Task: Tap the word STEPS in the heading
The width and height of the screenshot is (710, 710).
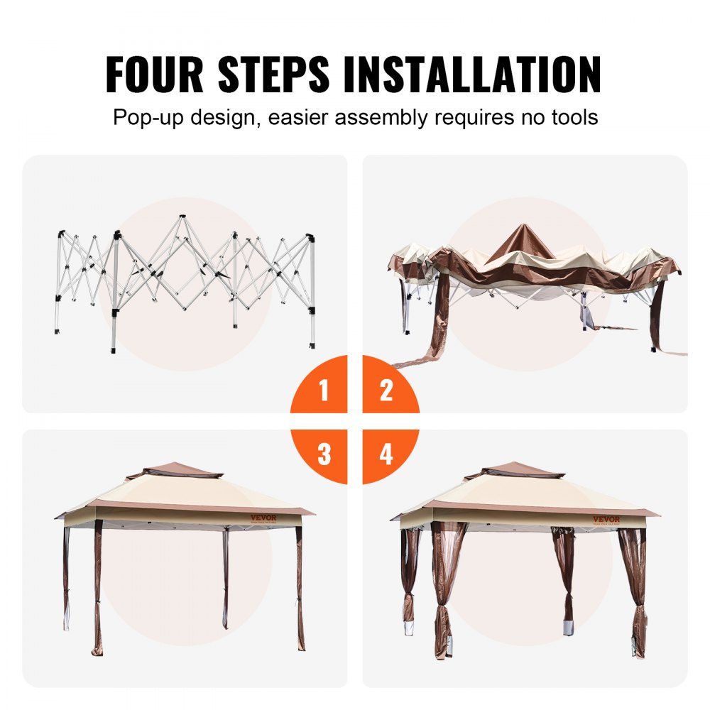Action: [x=273, y=73]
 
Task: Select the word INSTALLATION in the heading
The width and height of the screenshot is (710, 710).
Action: [x=472, y=73]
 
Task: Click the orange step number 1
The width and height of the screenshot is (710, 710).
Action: [x=324, y=390]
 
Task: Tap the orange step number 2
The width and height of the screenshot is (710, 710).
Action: [x=386, y=390]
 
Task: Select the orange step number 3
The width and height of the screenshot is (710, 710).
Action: [x=324, y=454]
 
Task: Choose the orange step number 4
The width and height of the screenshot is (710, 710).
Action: [x=386, y=454]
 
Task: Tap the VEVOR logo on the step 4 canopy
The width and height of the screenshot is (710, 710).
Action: [x=606, y=519]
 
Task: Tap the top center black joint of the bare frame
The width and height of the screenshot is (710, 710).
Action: [x=182, y=215]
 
